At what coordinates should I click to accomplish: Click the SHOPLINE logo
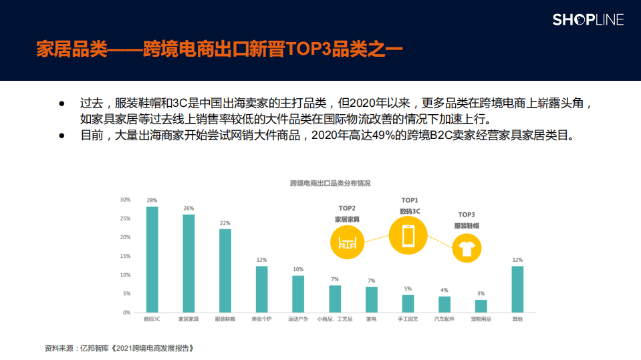[x=588, y=19]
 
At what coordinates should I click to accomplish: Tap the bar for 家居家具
[x=188, y=263]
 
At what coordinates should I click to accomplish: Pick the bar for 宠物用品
[x=481, y=306]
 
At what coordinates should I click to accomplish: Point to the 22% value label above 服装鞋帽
[x=225, y=223]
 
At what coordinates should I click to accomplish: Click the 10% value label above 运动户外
[x=298, y=269]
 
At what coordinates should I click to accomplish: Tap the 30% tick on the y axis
[x=125, y=200]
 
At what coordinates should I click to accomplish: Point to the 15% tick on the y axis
[x=125, y=256]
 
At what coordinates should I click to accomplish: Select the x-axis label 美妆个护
[x=261, y=319]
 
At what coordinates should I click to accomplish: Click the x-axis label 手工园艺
[x=408, y=319]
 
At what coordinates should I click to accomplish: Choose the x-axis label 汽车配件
[x=444, y=319]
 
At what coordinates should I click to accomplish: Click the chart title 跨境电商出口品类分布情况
[x=330, y=183]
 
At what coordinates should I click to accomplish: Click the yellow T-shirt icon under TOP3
[x=467, y=249]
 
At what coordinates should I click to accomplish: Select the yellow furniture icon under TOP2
[x=347, y=241]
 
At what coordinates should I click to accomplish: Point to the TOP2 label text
[x=347, y=208]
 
